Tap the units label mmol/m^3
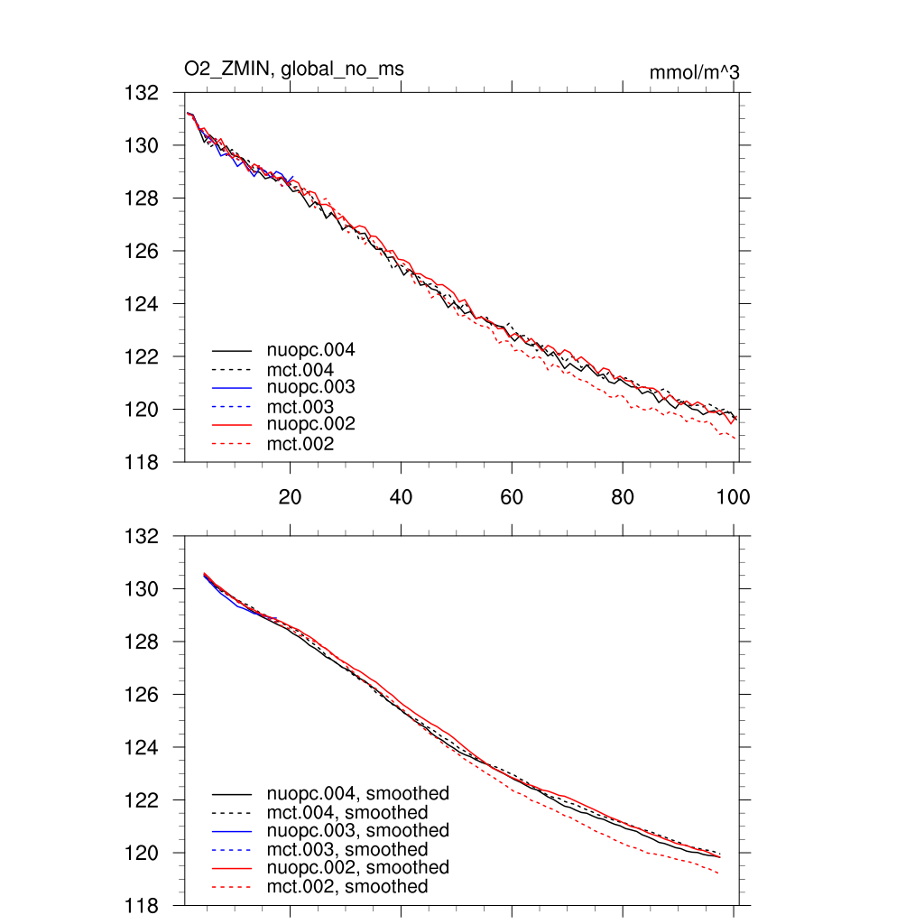click(x=694, y=72)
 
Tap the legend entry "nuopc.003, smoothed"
click(x=357, y=830)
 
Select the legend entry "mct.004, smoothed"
click(x=347, y=813)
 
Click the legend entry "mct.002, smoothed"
click(x=347, y=887)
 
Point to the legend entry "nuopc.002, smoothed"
click(x=357, y=867)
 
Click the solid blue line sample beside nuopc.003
click(x=231, y=387)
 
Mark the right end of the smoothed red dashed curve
click(x=719, y=873)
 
